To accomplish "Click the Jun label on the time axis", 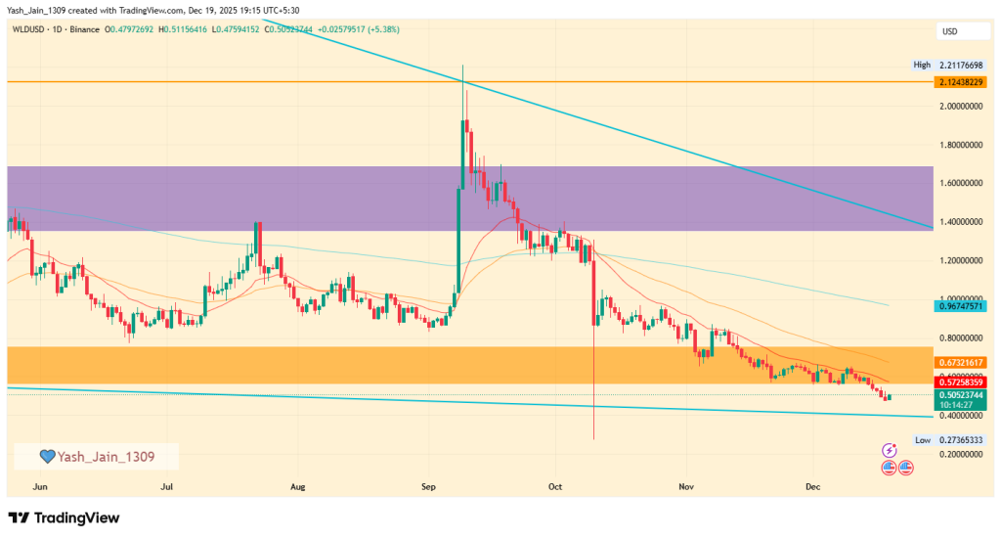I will [x=39, y=485].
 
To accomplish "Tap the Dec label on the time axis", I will [x=811, y=485].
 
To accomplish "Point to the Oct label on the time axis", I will [x=556, y=485].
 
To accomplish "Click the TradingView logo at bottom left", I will [x=64, y=517].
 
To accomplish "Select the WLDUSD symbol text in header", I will [x=32, y=29].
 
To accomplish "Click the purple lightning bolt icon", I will [x=889, y=450].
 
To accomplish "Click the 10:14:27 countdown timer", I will [x=958, y=403].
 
